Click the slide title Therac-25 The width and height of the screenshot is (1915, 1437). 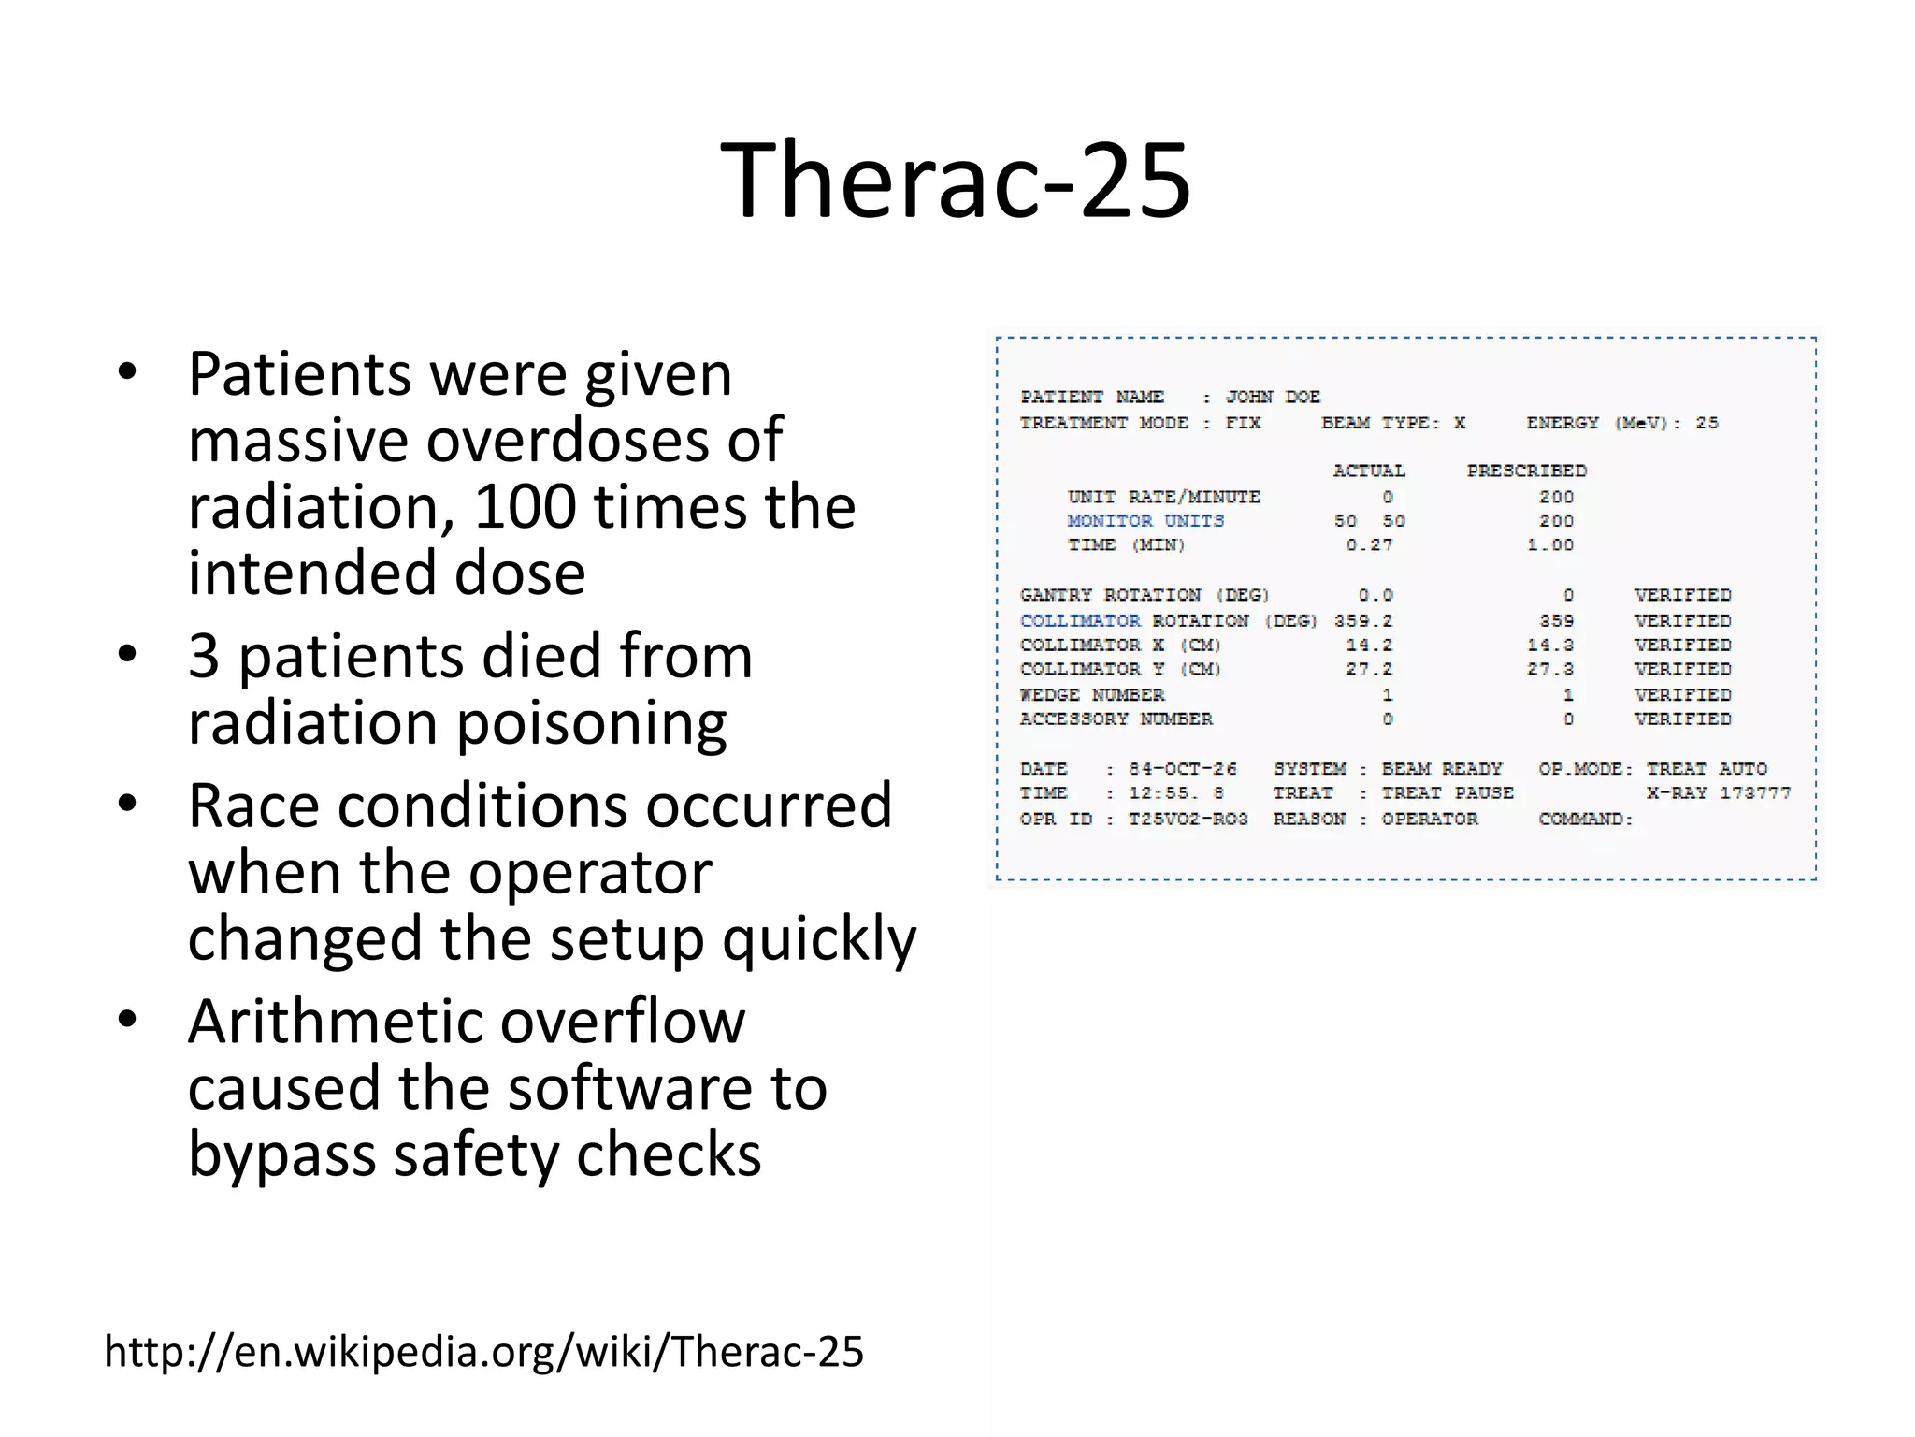tap(956, 180)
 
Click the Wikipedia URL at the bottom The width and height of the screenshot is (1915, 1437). tap(483, 1352)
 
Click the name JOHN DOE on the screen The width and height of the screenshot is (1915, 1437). tap(1273, 397)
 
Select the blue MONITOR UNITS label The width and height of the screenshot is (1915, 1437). tap(1145, 521)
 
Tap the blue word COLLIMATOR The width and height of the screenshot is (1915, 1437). tap(1080, 621)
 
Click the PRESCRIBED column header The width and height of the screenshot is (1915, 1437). tap(1526, 471)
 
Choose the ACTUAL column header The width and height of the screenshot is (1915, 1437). tap(1369, 471)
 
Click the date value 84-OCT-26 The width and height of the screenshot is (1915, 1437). tap(1182, 769)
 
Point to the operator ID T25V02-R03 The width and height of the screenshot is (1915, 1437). tap(1188, 820)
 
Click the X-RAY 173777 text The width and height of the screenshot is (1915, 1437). tap(1718, 793)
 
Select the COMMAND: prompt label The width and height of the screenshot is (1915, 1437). tap(1585, 820)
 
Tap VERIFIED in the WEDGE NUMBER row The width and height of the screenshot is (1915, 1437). tap(1682, 695)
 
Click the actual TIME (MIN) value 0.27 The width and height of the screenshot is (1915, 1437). tap(1369, 545)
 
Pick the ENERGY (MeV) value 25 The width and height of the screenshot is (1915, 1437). tap(1706, 423)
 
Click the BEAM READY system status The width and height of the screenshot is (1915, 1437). tap(1441, 769)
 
